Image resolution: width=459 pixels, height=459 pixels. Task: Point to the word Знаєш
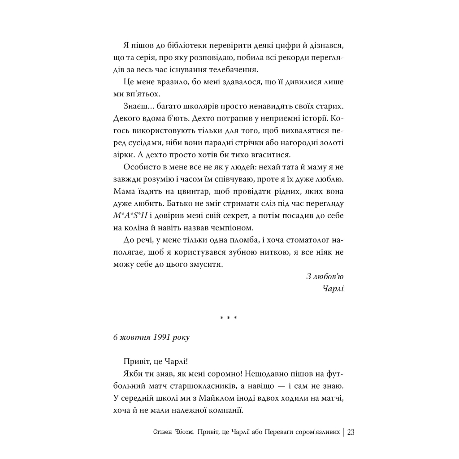click(135, 106)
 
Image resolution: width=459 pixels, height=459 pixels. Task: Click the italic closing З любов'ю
click(325, 276)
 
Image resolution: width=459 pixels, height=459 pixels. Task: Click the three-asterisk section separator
click(229, 319)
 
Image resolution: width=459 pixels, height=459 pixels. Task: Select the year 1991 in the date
click(158, 337)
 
